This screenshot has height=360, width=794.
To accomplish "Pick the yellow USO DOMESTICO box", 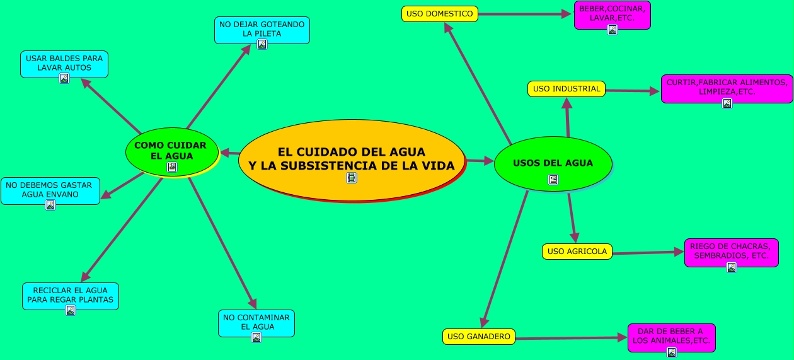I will click(439, 14).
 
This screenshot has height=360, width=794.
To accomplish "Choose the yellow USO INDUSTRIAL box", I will click(566, 89).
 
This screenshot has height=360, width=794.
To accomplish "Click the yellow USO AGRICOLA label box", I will click(577, 252).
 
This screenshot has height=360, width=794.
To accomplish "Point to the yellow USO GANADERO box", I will click(479, 337).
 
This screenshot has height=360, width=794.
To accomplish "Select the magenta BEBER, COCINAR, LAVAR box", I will click(612, 14).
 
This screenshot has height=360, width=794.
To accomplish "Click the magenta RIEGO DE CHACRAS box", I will click(731, 251).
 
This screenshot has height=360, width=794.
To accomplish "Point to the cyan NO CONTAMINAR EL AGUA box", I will click(256, 322).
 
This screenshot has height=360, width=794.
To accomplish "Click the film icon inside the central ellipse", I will click(352, 178).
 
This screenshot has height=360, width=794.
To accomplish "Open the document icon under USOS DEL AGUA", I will click(553, 180).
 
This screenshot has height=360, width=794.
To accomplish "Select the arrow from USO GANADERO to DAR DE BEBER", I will click(570, 339).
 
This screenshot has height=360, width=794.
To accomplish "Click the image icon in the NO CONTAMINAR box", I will click(256, 337).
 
